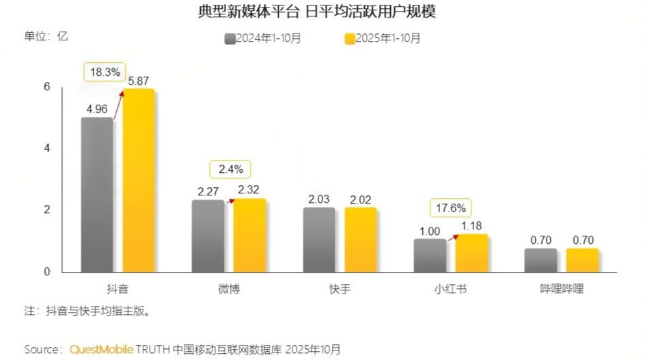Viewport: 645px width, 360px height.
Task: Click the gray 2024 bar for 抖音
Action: (x=96, y=195)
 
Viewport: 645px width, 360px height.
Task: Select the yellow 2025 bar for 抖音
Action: (x=138, y=181)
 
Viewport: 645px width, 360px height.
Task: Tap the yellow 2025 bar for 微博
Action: (x=249, y=236)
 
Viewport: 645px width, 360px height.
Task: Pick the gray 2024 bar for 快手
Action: (x=318, y=240)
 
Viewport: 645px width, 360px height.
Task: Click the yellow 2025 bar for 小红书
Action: (x=471, y=253)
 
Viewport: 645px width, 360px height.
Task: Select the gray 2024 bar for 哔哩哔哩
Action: (x=540, y=260)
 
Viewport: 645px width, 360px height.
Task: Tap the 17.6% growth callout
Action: (x=450, y=206)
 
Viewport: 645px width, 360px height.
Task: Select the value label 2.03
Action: (x=318, y=199)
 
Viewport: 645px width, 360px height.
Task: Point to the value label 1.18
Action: (x=471, y=225)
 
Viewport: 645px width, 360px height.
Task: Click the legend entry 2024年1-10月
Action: (x=262, y=38)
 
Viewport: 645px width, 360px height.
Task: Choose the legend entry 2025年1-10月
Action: (x=383, y=38)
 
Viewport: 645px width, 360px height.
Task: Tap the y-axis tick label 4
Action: (x=47, y=148)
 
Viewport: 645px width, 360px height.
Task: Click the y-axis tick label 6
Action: (x=47, y=87)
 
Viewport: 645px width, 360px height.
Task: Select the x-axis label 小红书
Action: (x=450, y=289)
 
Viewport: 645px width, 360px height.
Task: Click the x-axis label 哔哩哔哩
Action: (x=561, y=289)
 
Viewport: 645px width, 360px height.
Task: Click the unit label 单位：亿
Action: (x=46, y=36)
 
